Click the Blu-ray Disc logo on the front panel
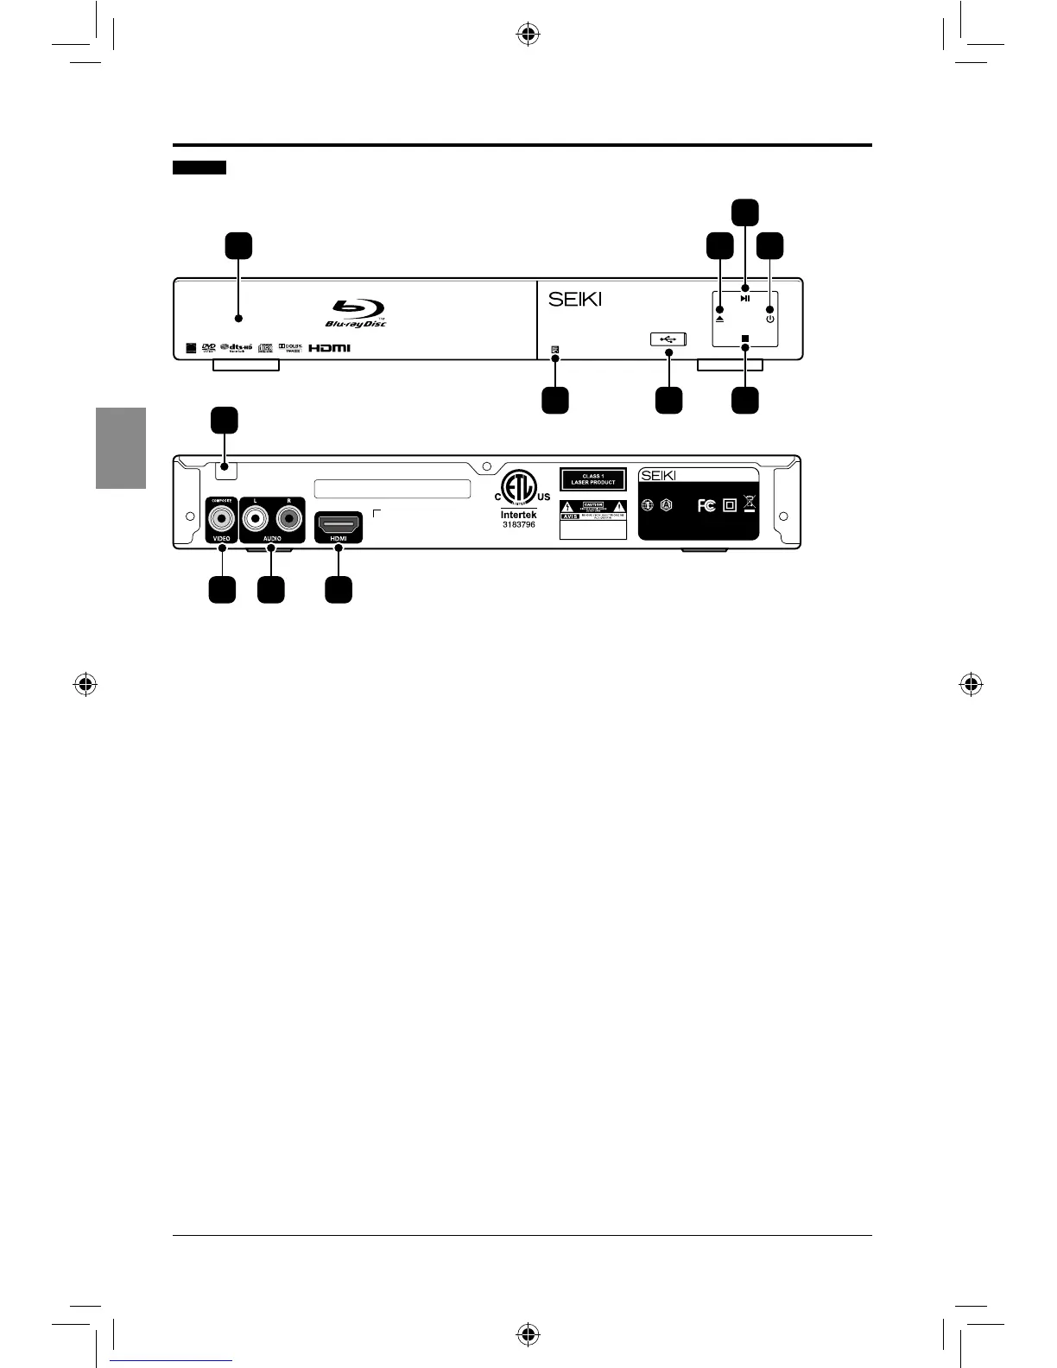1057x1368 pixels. tap(358, 312)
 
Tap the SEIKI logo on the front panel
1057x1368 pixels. tap(575, 300)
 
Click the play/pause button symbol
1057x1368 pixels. tap(745, 299)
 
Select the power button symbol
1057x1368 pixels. tap(770, 319)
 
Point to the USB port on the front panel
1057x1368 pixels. tap(668, 339)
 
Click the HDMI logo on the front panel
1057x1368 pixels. tap(330, 349)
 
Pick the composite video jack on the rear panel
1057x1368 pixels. tap(222, 519)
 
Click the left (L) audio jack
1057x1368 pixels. tap(256, 519)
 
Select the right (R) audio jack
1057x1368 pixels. tap(288, 519)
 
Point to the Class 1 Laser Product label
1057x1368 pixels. tap(592, 479)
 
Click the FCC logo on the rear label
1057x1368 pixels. tap(706, 505)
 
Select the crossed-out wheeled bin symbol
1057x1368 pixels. tap(749, 503)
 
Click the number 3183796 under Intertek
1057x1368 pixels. tap(519, 525)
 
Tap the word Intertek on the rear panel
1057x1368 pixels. tap(519, 515)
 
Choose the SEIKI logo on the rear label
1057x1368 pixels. tap(658, 475)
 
